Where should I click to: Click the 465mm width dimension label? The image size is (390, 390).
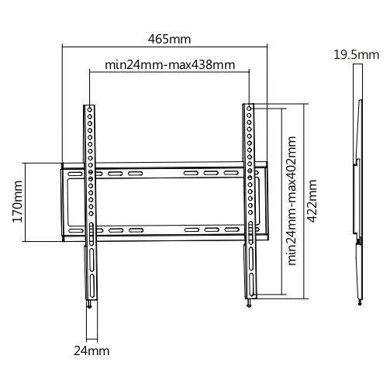[169, 39]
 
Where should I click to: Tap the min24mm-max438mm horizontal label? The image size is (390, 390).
[170, 65]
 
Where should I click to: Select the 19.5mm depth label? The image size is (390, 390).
[357, 55]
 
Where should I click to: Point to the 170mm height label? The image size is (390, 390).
[18, 202]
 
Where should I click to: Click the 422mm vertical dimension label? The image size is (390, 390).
[312, 201]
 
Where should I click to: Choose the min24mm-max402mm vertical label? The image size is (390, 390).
[292, 201]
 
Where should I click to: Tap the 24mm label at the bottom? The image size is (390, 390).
[91, 351]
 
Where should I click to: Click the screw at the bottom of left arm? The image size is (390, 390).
[89, 305]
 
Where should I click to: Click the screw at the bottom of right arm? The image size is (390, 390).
[249, 303]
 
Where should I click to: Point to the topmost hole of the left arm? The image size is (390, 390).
[90, 110]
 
